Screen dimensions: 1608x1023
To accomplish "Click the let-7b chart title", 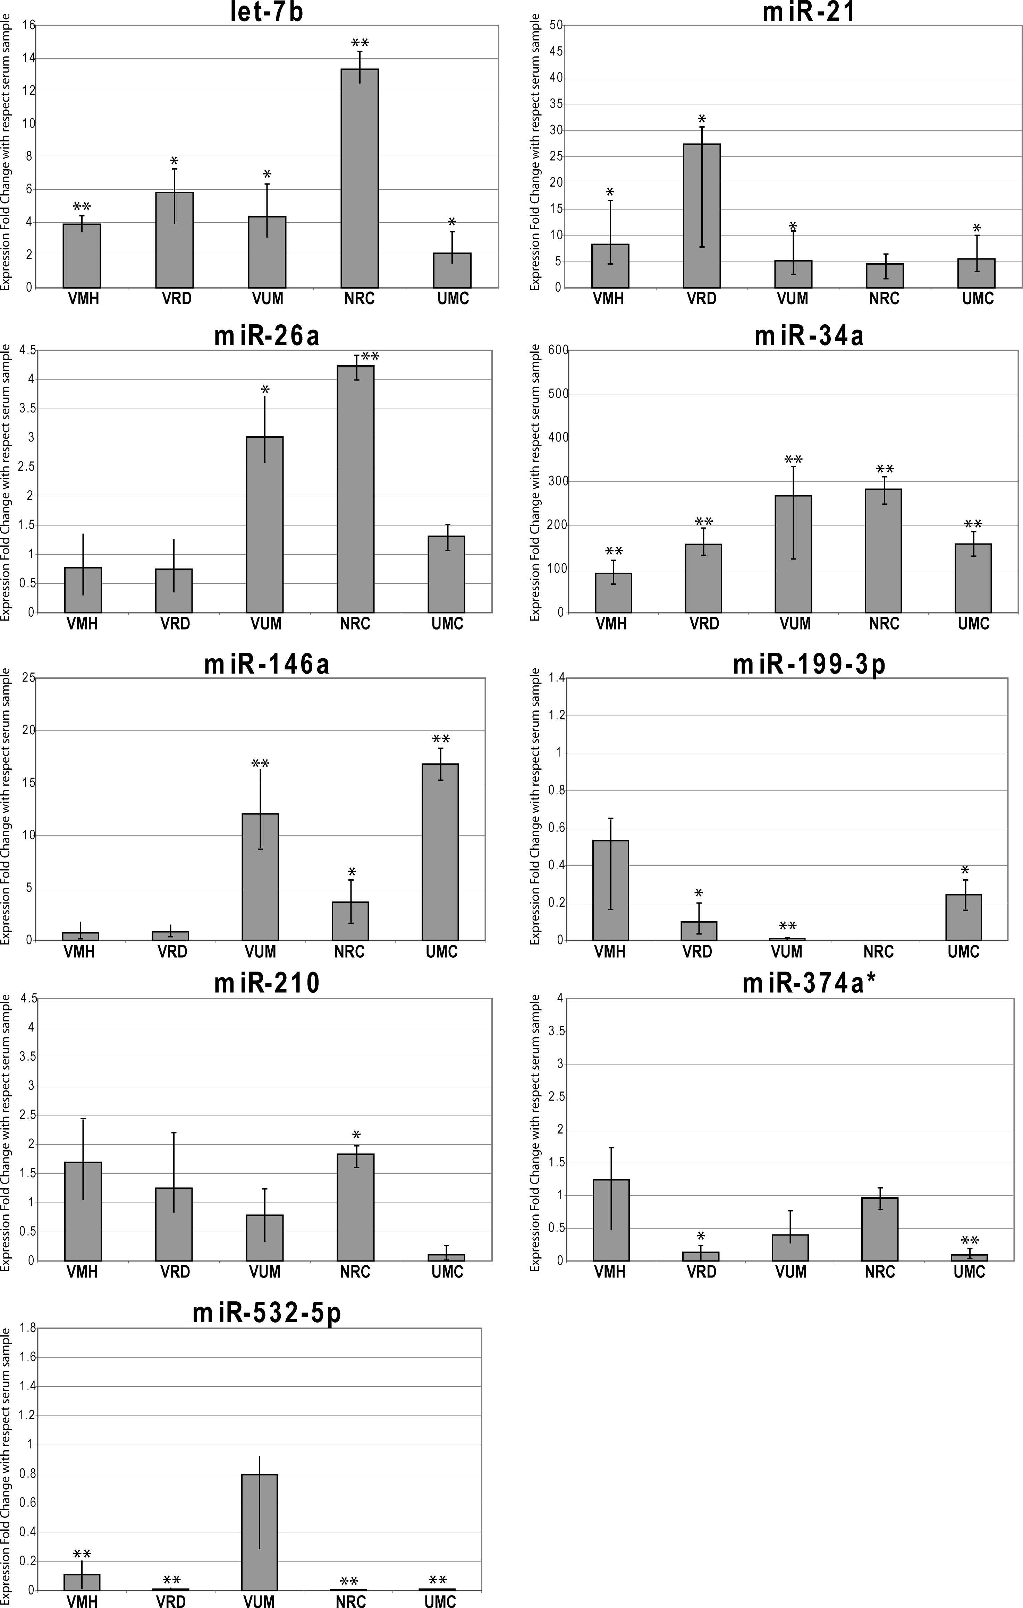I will pos(267,12).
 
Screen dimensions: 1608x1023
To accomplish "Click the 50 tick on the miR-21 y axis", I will pos(556,25).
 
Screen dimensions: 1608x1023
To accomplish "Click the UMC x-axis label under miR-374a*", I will pos(969,1272).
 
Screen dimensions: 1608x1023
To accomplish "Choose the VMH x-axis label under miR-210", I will pos(82,1272).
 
